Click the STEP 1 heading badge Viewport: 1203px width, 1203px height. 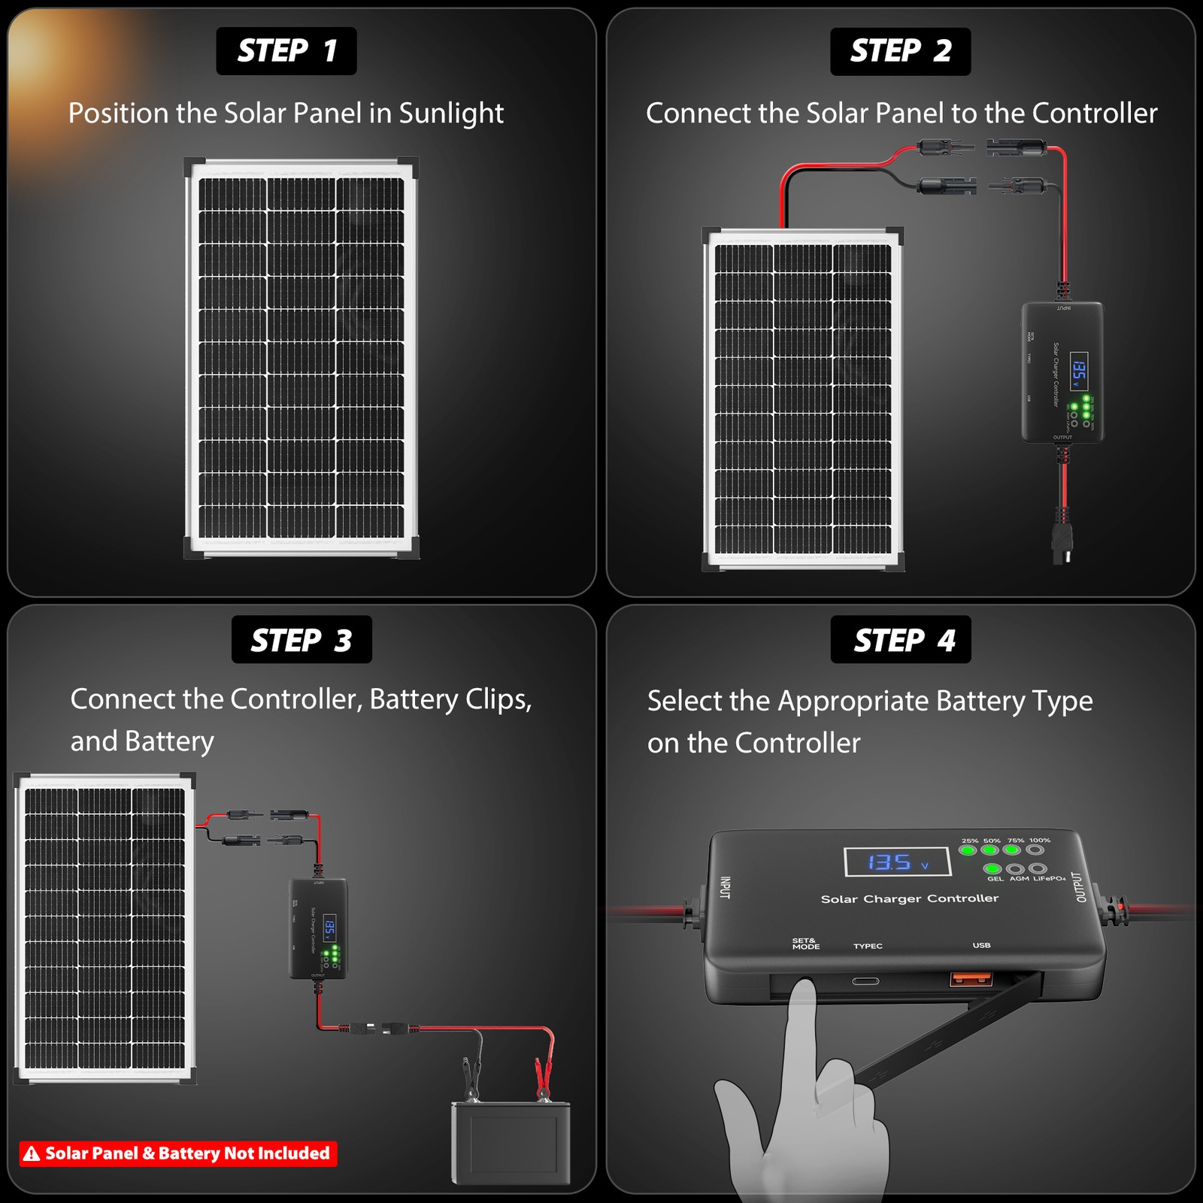(x=286, y=51)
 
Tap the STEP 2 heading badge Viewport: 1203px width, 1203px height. (x=900, y=51)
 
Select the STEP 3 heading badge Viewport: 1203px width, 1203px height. (x=302, y=640)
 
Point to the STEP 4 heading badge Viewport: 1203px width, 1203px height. (x=901, y=640)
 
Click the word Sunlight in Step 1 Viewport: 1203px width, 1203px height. (x=451, y=114)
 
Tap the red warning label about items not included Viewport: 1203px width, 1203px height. (x=178, y=1153)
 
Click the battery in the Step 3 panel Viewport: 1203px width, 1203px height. (x=511, y=1143)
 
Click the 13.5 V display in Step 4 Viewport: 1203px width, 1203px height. (x=897, y=862)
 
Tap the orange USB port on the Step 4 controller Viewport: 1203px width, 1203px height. (x=971, y=980)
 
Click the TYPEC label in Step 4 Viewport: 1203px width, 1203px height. (x=868, y=946)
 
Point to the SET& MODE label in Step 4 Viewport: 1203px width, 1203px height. (x=805, y=944)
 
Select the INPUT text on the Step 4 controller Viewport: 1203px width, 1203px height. (x=725, y=887)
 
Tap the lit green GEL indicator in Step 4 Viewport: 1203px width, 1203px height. (x=992, y=868)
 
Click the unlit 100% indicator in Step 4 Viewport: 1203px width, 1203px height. (x=1035, y=850)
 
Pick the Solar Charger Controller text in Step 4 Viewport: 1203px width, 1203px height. (x=909, y=898)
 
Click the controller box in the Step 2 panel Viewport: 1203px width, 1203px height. (x=1062, y=372)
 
